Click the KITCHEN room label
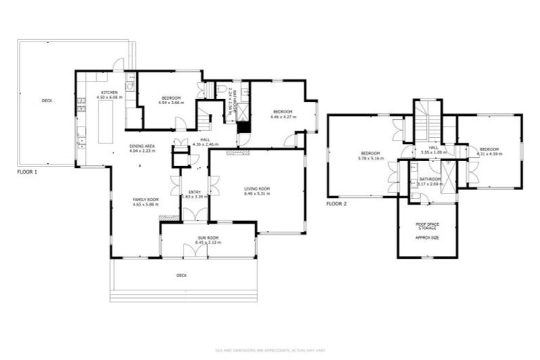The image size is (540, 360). tap(110, 93)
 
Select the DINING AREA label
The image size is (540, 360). tap(141, 146)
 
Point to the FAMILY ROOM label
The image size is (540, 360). tap(146, 200)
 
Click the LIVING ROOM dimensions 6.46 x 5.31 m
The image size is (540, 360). tap(257, 193)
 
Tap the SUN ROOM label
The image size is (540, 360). tap(209, 239)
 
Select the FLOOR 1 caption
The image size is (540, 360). tap(27, 172)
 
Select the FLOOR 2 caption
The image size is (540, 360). tap(337, 204)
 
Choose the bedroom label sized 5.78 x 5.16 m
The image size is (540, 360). tap(371, 153)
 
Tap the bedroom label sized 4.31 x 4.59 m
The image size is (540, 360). tap(489, 149)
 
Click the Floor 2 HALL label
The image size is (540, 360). tap(433, 148)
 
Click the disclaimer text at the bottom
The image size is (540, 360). tap(269, 350)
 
